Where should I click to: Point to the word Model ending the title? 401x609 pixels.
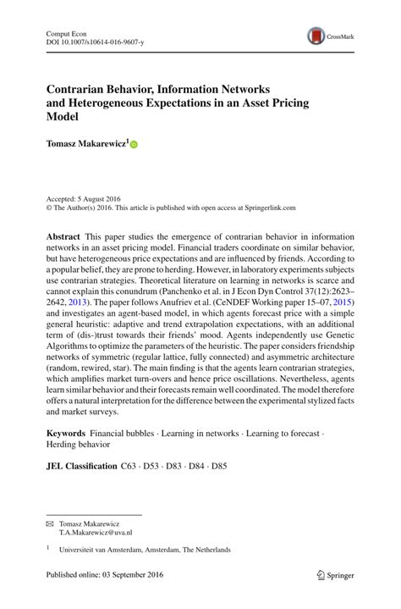tap(61, 117)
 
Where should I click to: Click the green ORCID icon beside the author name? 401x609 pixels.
tap(134, 145)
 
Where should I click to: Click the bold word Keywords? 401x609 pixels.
tap(67, 433)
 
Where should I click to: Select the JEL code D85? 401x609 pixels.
tap(219, 466)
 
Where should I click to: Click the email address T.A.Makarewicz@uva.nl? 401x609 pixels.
tap(96, 534)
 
